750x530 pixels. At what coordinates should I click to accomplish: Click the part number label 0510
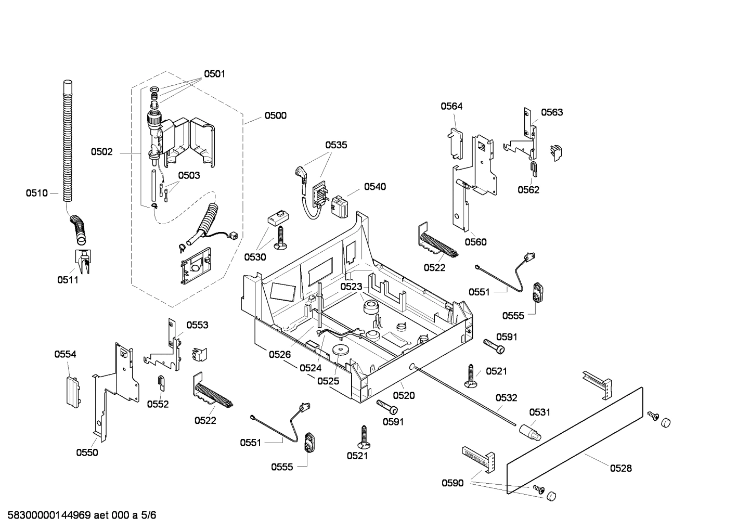[x=36, y=193]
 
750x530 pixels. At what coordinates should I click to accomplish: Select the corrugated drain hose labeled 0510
[x=68, y=140]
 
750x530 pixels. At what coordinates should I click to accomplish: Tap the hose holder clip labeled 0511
[x=83, y=261]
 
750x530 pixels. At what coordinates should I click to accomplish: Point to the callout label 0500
[x=275, y=115]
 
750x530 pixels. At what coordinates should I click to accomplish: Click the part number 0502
[x=101, y=152]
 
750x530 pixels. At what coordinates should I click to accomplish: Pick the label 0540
[x=374, y=187]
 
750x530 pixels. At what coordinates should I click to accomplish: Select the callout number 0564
[x=451, y=106]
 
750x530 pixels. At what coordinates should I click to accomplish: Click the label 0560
[x=475, y=242]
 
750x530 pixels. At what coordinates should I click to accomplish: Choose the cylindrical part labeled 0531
[x=529, y=431]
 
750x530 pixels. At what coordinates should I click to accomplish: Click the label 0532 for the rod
[x=506, y=398]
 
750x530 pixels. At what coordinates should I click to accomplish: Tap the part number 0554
[x=65, y=354]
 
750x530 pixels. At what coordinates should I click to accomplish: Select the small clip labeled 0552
[x=161, y=383]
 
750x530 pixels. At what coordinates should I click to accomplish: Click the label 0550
[x=87, y=453]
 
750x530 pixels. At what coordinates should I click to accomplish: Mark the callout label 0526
[x=280, y=354]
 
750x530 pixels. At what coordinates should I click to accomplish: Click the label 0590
[x=452, y=483]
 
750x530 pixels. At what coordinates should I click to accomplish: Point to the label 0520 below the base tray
[x=404, y=395]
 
